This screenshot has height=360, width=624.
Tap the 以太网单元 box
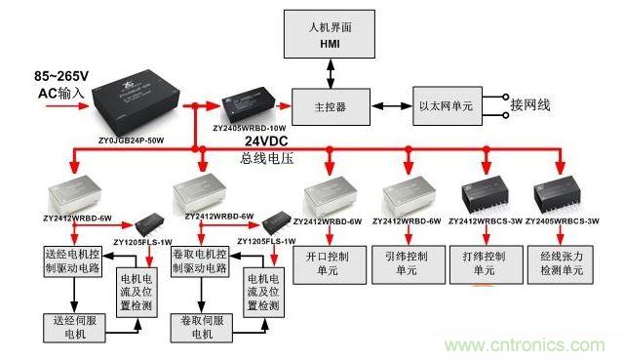pos(446,104)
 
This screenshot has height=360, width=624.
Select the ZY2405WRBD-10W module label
pos(250,127)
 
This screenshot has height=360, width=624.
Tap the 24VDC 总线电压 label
pos(268,148)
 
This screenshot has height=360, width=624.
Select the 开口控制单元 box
pos(326,262)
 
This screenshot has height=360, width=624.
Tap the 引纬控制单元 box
pos(405,262)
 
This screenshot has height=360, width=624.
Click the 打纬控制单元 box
pos(482,262)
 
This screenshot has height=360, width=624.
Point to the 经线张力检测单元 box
pos(561,262)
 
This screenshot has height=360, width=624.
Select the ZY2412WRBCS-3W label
pos(485,221)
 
